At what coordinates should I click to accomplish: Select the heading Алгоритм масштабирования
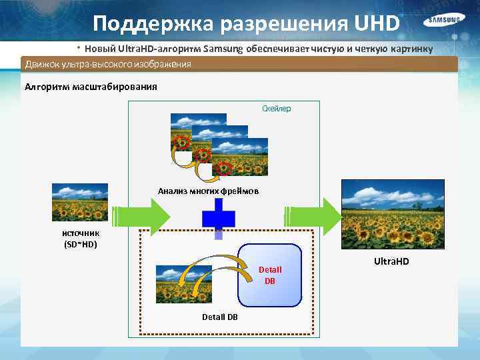click(91, 86)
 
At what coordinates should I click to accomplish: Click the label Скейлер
click(277, 108)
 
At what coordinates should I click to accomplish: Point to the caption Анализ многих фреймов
click(209, 191)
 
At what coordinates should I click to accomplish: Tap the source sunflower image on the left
click(80, 202)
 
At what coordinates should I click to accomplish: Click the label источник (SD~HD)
click(81, 239)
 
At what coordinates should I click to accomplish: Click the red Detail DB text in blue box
click(269, 275)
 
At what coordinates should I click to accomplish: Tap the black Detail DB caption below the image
click(219, 317)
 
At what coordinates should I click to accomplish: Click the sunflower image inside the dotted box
click(184, 284)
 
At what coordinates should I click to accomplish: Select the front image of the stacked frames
click(240, 157)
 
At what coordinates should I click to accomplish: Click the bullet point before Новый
click(78, 49)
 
